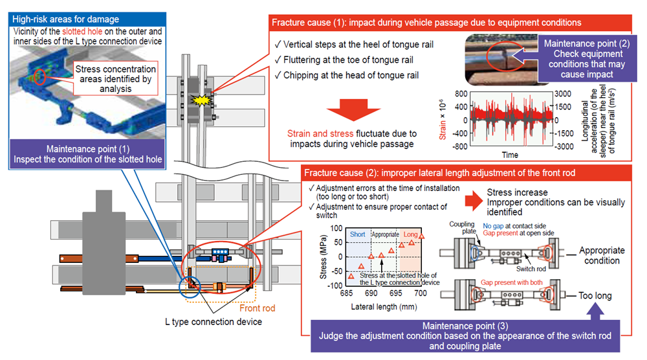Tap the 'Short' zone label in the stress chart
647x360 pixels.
point(356,234)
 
